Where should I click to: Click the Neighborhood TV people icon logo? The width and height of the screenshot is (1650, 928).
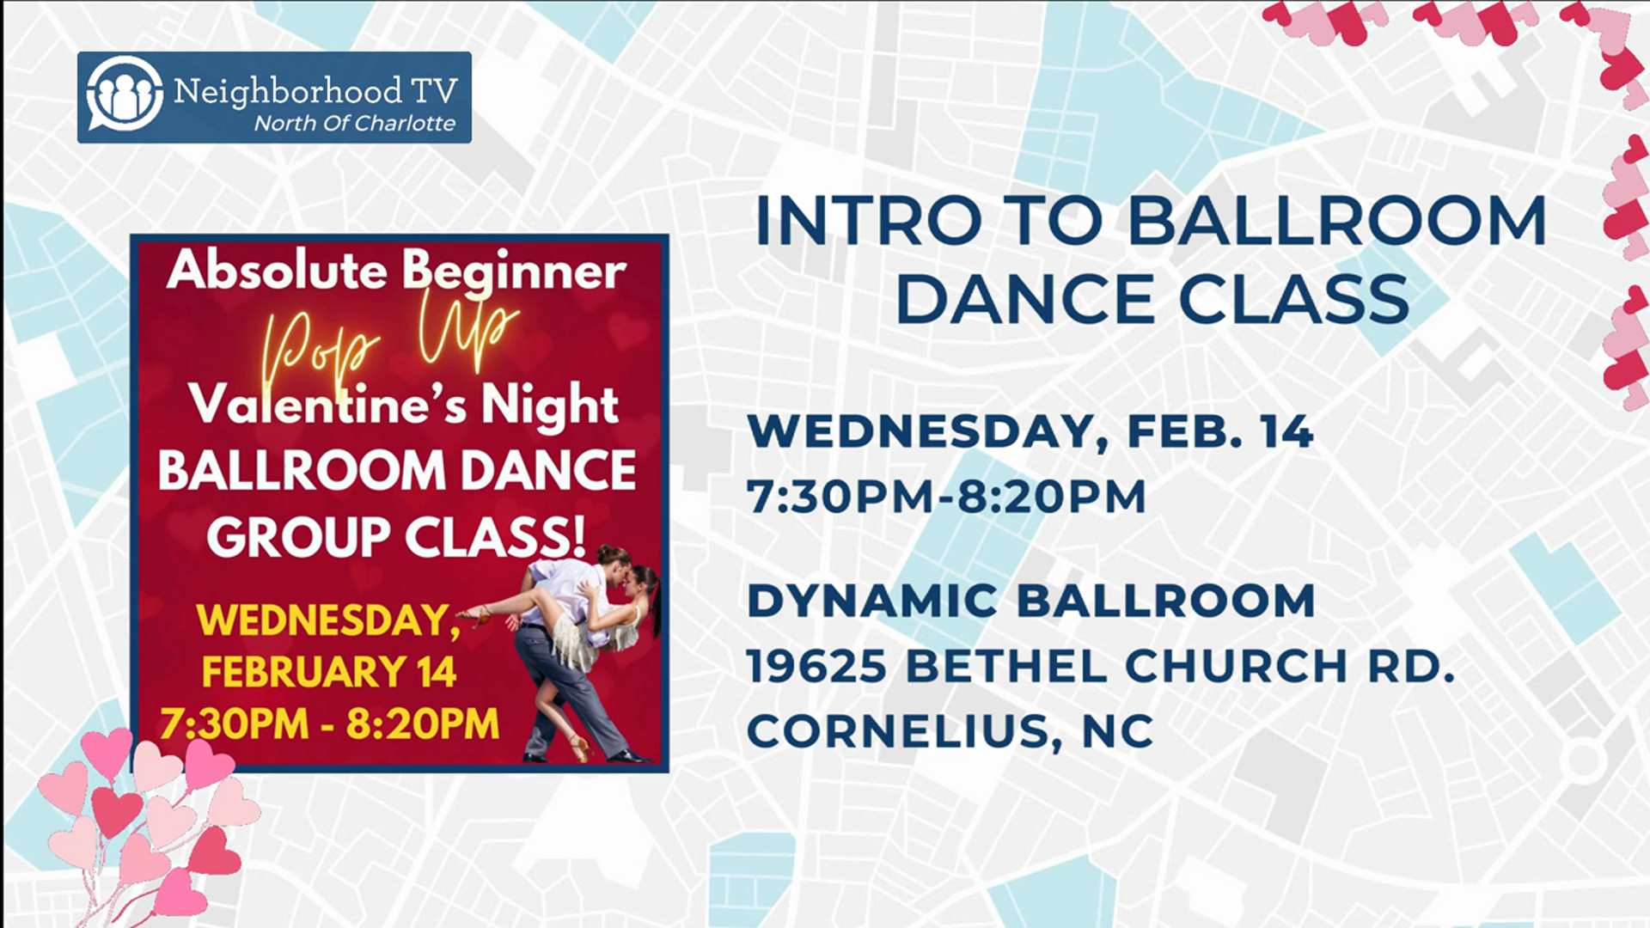(125, 96)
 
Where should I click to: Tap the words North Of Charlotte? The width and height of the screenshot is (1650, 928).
(355, 124)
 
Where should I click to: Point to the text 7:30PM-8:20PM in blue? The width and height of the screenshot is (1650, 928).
(946, 497)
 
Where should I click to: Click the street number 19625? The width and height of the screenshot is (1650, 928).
(816, 667)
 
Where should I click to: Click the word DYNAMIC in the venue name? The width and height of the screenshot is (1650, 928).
(872, 601)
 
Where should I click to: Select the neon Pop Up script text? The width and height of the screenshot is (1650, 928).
(391, 344)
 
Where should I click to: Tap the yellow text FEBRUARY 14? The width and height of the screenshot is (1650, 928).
(329, 673)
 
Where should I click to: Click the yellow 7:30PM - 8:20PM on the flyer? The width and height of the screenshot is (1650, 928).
(329, 724)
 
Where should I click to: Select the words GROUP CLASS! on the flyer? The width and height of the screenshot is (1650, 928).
(396, 537)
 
